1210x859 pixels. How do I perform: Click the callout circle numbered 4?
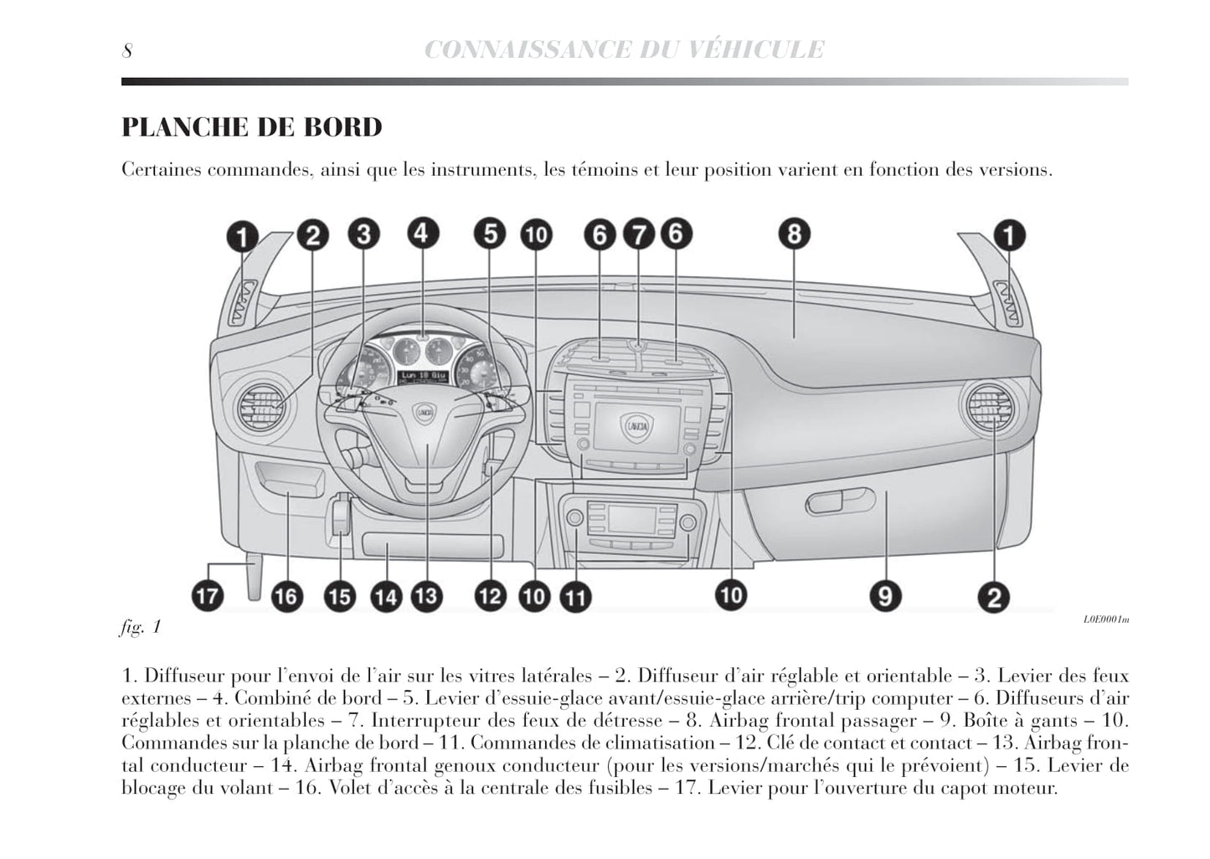click(422, 233)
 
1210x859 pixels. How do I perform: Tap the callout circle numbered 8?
click(793, 234)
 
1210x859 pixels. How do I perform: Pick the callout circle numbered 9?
click(884, 596)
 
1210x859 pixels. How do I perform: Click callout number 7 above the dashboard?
click(638, 234)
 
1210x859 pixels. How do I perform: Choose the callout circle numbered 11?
click(574, 597)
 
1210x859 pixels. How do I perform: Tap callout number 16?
click(286, 596)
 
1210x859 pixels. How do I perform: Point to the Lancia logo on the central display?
click(636, 427)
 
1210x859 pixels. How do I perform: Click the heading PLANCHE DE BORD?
click(252, 127)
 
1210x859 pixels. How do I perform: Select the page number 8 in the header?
click(127, 50)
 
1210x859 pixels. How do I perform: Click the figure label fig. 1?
click(141, 626)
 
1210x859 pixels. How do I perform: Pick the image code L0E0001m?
click(1105, 620)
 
